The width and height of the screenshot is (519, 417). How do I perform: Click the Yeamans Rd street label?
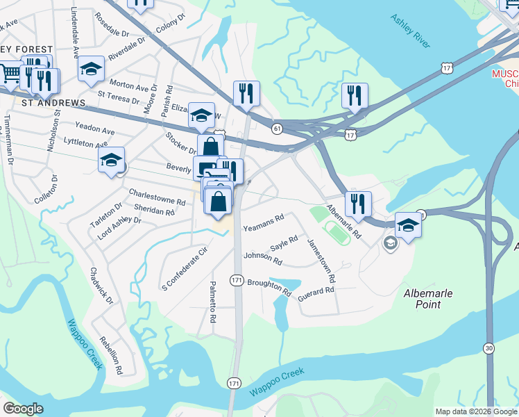point(263,223)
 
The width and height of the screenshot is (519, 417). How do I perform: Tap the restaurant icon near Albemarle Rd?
point(358,204)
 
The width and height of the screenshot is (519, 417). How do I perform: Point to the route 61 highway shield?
point(278,129)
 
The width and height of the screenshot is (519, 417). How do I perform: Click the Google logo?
point(23,409)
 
